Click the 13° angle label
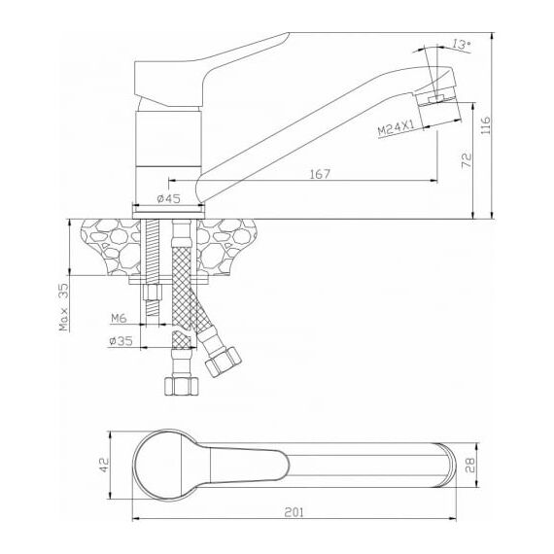click(x=462, y=45)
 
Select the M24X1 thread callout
click(x=396, y=128)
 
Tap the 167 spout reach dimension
click(x=320, y=174)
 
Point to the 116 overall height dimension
click(x=486, y=124)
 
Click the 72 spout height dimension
click(x=467, y=160)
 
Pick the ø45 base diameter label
click(x=168, y=199)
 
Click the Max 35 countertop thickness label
click(x=64, y=307)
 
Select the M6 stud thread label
click(x=119, y=319)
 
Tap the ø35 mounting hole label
click(x=121, y=341)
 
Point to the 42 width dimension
click(x=104, y=465)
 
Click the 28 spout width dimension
click(x=471, y=465)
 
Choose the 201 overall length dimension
click(x=294, y=512)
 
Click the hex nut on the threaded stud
click(x=153, y=292)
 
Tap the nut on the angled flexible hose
click(x=224, y=362)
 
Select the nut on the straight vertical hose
click(x=181, y=386)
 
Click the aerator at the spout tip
click(x=438, y=107)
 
